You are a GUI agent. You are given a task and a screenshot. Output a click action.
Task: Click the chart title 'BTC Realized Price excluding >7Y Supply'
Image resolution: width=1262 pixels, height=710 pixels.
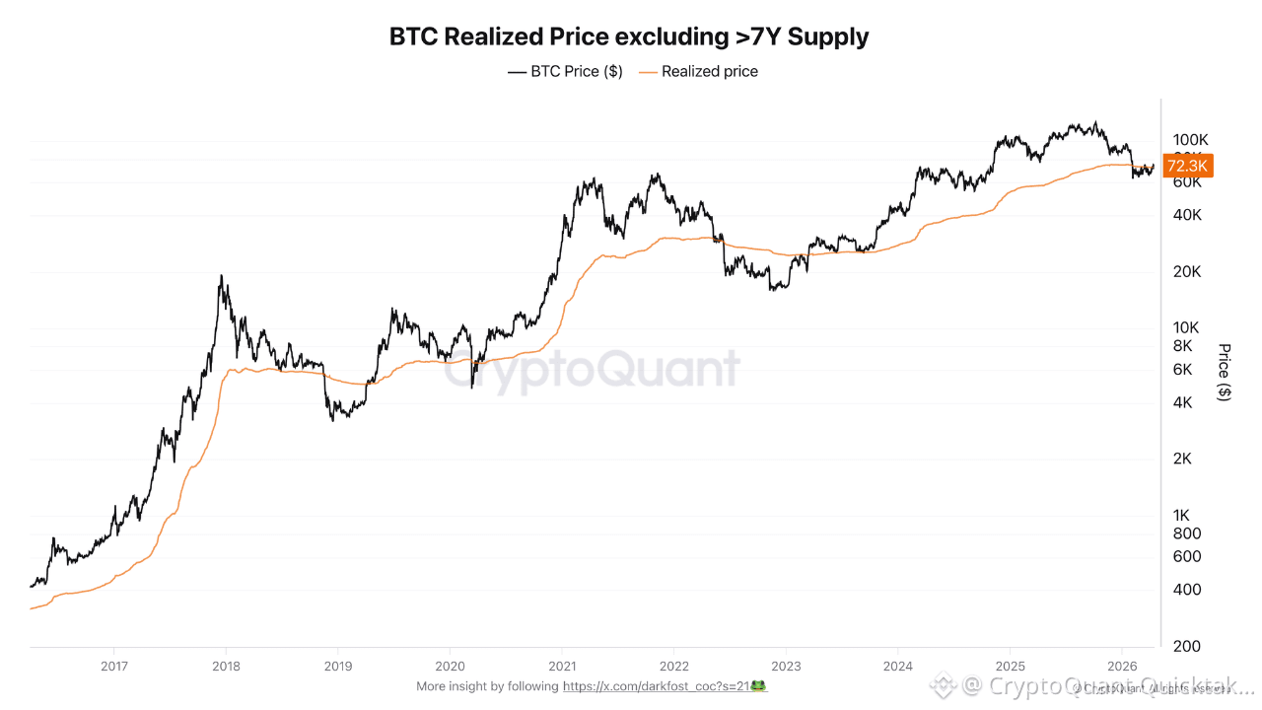[x=629, y=37]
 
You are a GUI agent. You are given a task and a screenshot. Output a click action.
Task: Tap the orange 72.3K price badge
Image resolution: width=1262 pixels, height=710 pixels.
[x=1188, y=166]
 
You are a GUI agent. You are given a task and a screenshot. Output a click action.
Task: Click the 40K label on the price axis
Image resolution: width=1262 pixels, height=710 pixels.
[x=1186, y=215]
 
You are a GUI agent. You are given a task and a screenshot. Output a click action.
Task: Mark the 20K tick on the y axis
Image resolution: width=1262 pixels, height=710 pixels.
[x=1186, y=271]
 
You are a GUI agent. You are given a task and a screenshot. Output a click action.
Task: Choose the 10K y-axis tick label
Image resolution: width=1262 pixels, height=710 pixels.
[x=1186, y=327]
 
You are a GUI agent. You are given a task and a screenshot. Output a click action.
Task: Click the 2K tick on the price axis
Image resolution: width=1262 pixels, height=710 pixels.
[x=1182, y=459]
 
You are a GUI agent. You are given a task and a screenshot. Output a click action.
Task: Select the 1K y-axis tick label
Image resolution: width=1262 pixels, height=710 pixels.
[x=1182, y=515]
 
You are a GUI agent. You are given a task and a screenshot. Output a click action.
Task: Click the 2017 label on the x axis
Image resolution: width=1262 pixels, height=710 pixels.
[x=114, y=666]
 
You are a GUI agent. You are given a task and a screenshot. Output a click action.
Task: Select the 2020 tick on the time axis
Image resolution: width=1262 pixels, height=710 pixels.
[x=450, y=666]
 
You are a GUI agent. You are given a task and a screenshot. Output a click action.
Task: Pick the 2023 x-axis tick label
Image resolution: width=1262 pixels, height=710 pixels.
[x=786, y=666]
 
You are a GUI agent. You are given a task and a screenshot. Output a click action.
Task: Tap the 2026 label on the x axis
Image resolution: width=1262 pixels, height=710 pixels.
[x=1122, y=666]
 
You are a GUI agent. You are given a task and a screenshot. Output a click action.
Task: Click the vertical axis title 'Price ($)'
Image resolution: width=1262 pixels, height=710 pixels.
[x=1225, y=372]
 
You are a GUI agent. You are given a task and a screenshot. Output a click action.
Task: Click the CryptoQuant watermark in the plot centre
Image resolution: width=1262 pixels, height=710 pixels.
[x=592, y=371]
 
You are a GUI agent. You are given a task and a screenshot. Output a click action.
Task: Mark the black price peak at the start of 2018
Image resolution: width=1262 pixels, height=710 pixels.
[x=222, y=277]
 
